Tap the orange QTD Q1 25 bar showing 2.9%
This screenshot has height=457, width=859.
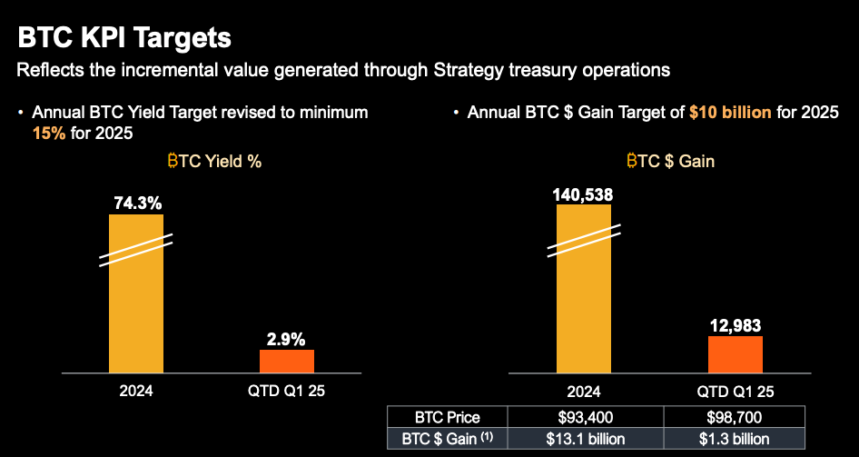[x=287, y=361]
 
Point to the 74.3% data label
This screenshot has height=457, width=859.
[x=136, y=203]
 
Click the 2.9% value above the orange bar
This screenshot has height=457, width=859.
[x=287, y=338]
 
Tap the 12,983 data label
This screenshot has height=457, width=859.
[x=735, y=324]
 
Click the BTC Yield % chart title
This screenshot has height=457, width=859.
[x=214, y=162]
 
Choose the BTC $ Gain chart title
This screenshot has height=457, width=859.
[x=670, y=162]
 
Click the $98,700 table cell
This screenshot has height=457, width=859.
[x=735, y=418]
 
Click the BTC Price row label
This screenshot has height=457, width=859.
[x=447, y=418]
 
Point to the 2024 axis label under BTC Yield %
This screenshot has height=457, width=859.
[x=136, y=392]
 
